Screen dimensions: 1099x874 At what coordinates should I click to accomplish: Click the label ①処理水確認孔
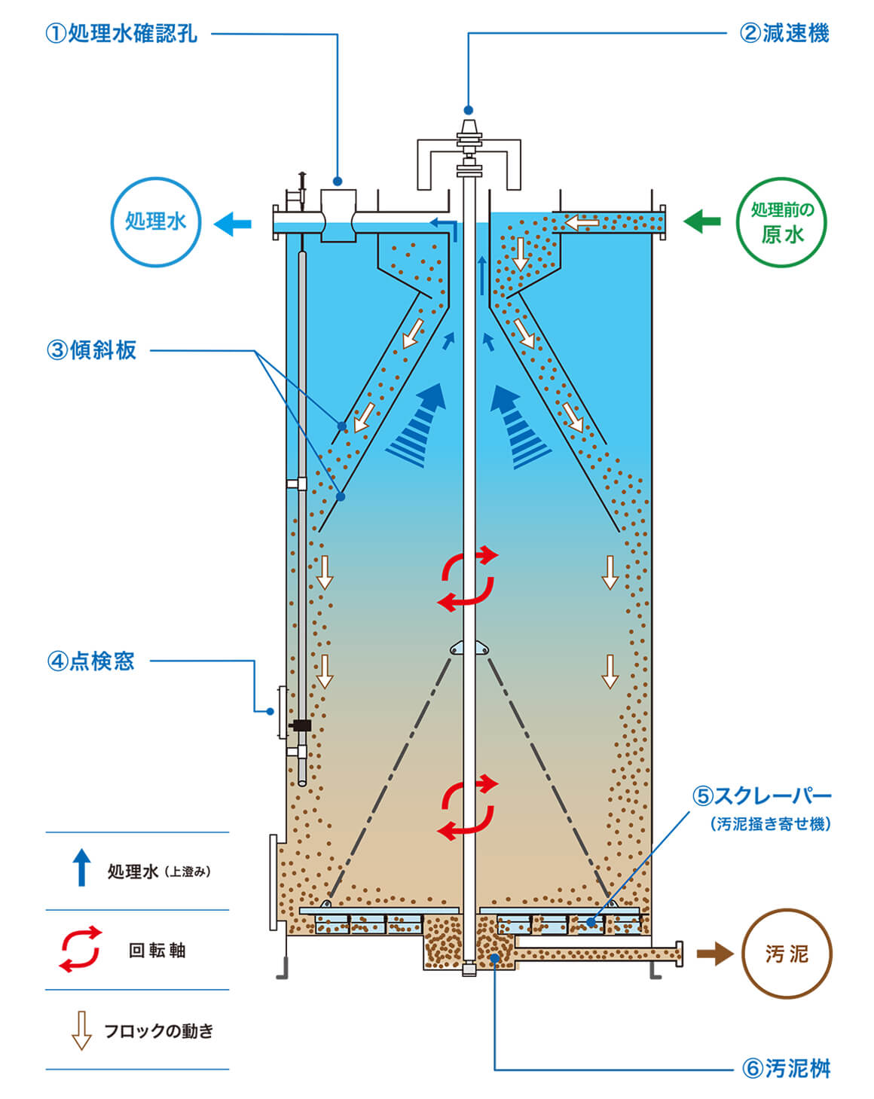[122, 34]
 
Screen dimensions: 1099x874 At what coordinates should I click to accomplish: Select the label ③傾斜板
[92, 350]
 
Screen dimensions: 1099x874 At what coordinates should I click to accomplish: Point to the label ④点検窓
[90, 661]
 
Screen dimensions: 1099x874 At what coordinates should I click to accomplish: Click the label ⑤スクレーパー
[762, 795]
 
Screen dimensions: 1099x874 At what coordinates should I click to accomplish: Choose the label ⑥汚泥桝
[786, 1068]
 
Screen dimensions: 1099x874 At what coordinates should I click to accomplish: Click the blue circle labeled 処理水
[156, 221]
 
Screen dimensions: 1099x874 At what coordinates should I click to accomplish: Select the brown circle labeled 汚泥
[787, 954]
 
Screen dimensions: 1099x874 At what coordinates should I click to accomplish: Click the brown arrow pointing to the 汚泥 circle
[714, 954]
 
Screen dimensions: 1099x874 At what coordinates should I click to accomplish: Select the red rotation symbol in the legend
[81, 949]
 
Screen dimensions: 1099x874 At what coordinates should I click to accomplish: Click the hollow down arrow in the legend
[81, 1030]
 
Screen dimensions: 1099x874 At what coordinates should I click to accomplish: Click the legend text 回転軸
[157, 951]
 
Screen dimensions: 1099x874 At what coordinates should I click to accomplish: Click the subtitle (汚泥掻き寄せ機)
[770, 824]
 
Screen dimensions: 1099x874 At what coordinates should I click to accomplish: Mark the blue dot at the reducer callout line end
[469, 109]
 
